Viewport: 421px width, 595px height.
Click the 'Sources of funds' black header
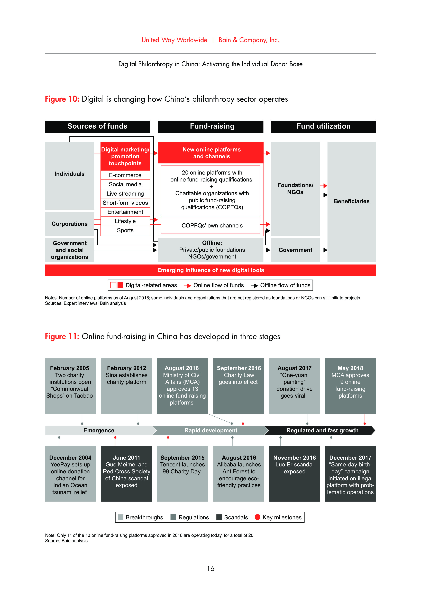tap(97, 126)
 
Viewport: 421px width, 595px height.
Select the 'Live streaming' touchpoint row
tap(125, 194)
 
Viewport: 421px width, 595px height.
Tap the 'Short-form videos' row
tap(125, 203)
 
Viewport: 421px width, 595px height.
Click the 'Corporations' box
tap(70, 224)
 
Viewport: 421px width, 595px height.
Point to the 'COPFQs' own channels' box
tap(212, 225)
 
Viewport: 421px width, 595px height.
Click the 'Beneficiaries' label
tap(351, 201)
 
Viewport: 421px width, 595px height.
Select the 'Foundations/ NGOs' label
tap(295, 189)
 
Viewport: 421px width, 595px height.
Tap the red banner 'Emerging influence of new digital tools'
tap(210, 270)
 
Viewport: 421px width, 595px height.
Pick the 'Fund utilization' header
tap(323, 126)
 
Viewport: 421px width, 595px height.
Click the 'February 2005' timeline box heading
tap(70, 368)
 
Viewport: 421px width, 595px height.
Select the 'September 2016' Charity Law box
tap(239, 385)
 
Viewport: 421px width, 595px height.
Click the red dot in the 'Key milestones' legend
tap(257, 517)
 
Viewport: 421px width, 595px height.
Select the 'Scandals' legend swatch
tap(219, 517)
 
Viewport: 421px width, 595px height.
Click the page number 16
tap(210, 569)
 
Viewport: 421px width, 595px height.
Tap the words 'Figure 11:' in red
tap(62, 336)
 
